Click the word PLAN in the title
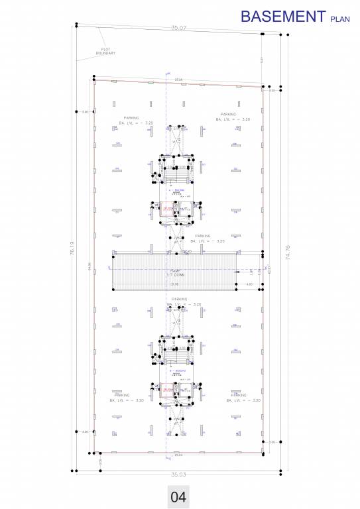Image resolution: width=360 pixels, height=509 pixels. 340,20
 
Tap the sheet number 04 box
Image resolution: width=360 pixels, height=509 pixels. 178,496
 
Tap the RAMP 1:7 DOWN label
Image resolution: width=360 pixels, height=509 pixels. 176,272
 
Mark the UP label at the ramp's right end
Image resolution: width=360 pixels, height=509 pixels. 251,271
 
